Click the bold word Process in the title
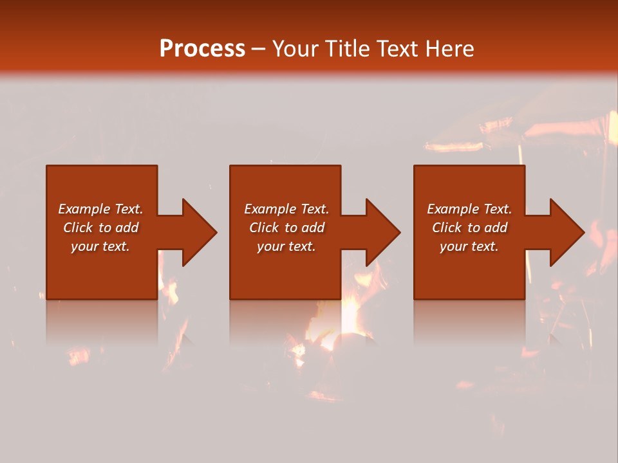coord(202,49)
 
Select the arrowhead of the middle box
coord(382,232)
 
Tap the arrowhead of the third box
coord(566,232)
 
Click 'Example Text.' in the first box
coord(100,209)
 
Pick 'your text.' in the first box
coord(100,246)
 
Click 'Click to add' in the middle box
coord(286,228)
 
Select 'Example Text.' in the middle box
coord(286,209)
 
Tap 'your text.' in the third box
coord(469,246)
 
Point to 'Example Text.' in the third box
coord(469,209)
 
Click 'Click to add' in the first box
coord(100,228)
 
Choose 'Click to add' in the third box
coord(469,228)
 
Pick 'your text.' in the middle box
coord(286,246)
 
